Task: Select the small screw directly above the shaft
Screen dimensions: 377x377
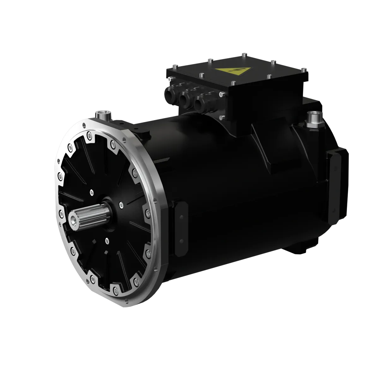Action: pos(92,191)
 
